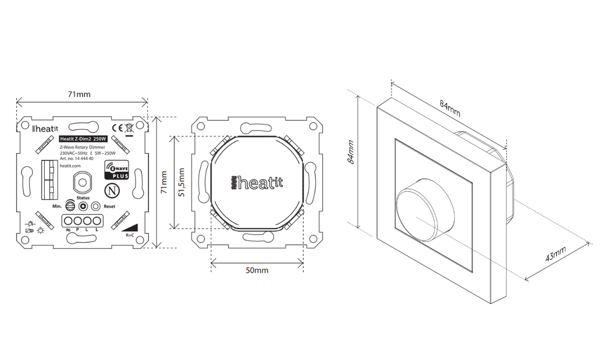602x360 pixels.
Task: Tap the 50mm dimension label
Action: pos(256,270)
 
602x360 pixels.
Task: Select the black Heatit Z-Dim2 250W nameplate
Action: pos(83,139)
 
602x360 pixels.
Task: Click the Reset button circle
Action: pos(95,206)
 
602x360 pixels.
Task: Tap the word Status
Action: pos(83,197)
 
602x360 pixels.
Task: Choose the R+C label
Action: pos(130,235)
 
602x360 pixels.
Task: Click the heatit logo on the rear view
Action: pos(257,183)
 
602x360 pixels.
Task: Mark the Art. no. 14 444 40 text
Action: pos(77,159)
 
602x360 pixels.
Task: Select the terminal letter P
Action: pos(78,229)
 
